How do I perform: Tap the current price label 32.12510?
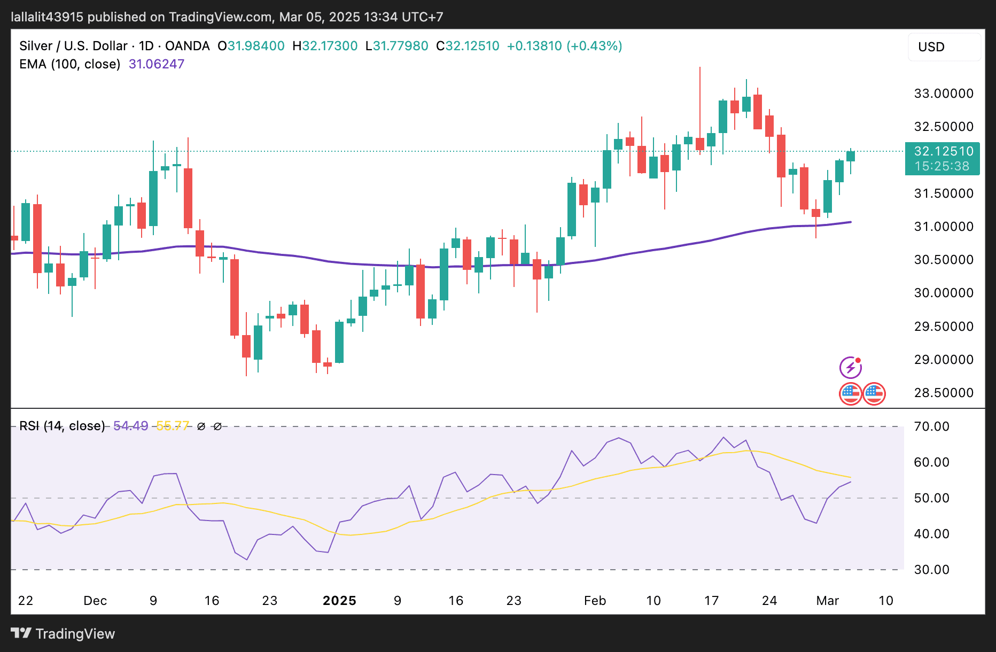coord(943,151)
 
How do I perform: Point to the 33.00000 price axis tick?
coord(943,94)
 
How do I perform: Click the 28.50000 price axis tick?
coord(943,393)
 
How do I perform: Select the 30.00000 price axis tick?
coord(943,293)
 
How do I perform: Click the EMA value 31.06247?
coord(156,64)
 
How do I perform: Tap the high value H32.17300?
coord(325,46)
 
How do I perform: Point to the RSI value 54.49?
coord(130,426)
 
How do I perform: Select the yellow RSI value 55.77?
coord(172,426)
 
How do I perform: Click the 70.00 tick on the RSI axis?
coord(931,426)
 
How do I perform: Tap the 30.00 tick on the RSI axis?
coord(931,570)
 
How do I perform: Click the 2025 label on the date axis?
coord(339,601)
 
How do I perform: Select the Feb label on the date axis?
coord(595,601)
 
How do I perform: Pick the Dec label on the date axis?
coord(95,601)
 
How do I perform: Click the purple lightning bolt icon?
coord(850,368)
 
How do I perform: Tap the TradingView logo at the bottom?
coord(63,634)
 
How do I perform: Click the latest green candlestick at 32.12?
coord(851,156)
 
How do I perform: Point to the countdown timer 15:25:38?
coord(941,166)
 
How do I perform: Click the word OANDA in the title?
coord(187,46)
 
